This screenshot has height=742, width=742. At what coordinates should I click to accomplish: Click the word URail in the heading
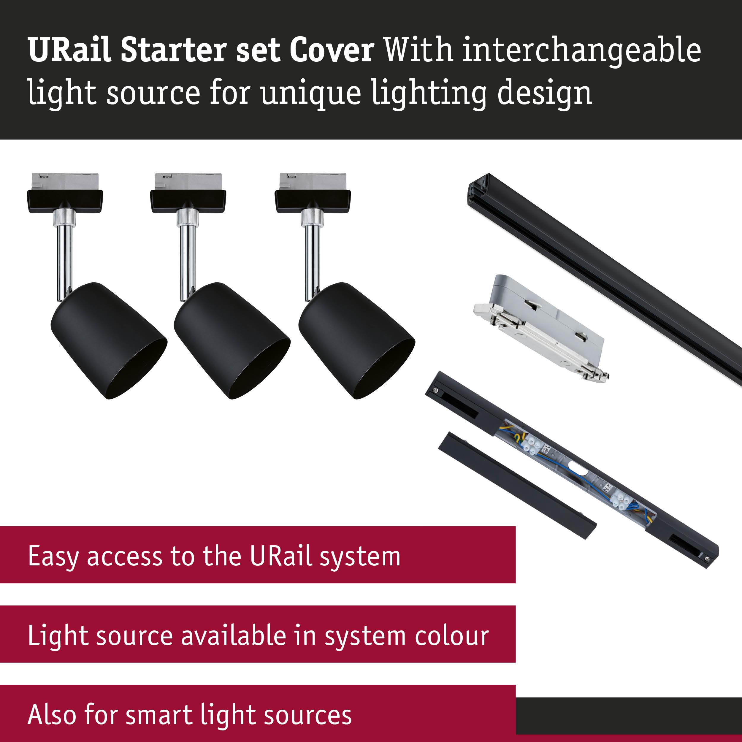coord(69,50)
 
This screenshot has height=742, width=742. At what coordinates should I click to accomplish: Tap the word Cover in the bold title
coord(332,50)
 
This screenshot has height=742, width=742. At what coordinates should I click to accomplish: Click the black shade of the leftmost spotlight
coord(109,341)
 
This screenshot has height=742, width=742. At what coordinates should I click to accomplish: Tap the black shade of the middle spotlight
coord(232,341)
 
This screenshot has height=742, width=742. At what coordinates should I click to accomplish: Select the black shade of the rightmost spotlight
coord(356,341)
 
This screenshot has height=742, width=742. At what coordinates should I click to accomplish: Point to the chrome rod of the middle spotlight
coord(187,263)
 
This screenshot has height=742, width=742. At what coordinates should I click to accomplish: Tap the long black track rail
coord(605,278)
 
